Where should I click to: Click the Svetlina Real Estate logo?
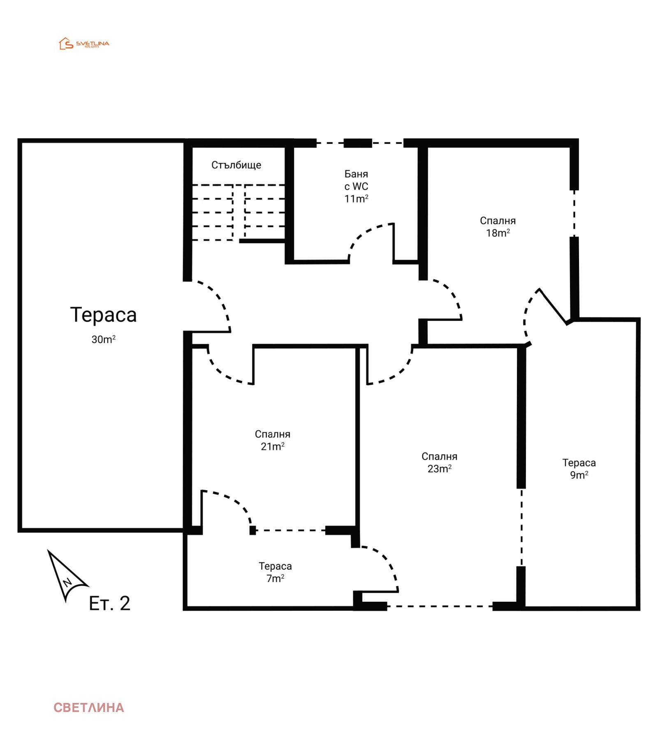84,44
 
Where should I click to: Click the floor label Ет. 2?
109,603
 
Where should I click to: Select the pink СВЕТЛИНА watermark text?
89,707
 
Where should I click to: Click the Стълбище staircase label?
236,165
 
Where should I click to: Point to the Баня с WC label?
356,180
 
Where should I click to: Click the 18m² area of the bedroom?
498,233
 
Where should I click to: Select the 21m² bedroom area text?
273,447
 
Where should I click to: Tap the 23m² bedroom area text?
440,469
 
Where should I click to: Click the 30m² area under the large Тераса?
104,339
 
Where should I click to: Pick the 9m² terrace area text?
579,475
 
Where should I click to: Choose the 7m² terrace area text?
276,579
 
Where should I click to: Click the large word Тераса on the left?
103,315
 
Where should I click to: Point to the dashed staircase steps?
239,212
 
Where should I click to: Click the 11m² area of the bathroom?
356,199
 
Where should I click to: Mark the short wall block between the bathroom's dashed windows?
358,143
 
